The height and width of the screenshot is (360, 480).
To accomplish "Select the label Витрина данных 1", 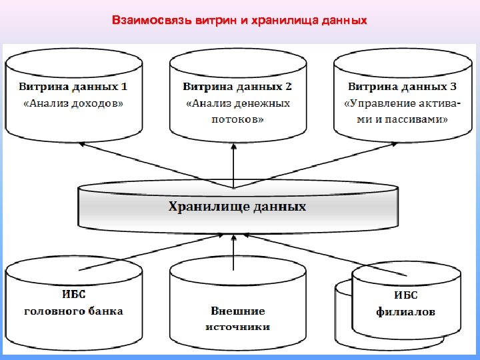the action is pyautogui.click(x=73, y=87).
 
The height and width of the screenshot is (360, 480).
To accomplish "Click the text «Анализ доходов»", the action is pyautogui.click(x=73, y=103).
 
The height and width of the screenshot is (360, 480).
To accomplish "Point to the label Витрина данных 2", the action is pyautogui.click(x=237, y=87).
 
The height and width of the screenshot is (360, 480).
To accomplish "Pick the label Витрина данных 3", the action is pyautogui.click(x=402, y=87).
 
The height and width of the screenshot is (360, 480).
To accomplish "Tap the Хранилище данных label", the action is pyautogui.click(x=237, y=207).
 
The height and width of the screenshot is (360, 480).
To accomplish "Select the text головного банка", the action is pyautogui.click(x=73, y=311).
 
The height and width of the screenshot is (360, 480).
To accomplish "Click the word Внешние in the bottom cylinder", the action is pyautogui.click(x=237, y=311).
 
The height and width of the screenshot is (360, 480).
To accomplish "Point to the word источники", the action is pyautogui.click(x=237, y=327).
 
